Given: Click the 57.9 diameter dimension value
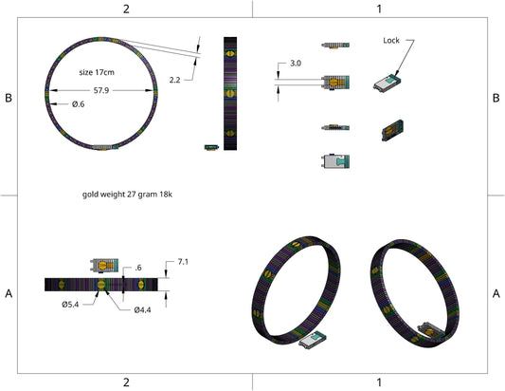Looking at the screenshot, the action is click(x=101, y=90).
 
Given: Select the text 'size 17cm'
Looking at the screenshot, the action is click(x=97, y=72).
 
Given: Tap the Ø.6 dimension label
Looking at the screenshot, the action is click(x=79, y=103).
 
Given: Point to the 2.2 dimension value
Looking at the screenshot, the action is click(x=174, y=80).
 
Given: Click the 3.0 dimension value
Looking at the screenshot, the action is click(x=296, y=64).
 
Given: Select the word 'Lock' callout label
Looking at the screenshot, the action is click(x=391, y=40).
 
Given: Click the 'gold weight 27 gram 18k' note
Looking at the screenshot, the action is click(x=127, y=195).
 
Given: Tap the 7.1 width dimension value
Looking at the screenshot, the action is click(x=183, y=262).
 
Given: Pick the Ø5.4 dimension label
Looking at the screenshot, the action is click(x=70, y=305).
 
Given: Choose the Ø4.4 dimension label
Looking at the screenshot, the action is click(x=142, y=309).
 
